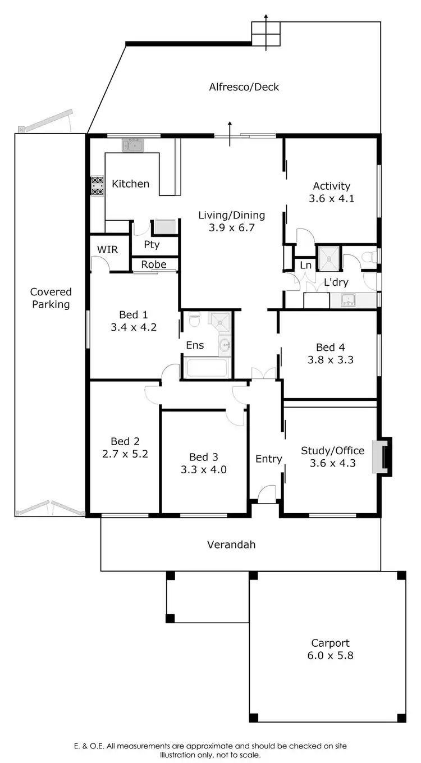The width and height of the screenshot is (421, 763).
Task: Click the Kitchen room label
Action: tap(130, 184)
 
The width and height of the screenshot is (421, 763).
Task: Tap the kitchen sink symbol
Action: tap(134, 146)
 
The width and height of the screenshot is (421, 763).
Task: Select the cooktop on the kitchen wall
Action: tap(97, 186)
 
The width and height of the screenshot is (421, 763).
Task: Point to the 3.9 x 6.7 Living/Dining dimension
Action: tap(231, 227)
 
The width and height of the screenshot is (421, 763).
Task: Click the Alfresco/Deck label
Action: tap(244, 87)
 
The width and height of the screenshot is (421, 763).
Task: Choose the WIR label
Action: tap(107, 249)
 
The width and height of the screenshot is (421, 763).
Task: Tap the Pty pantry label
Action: tap(152, 245)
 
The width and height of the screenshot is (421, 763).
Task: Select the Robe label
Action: tap(153, 264)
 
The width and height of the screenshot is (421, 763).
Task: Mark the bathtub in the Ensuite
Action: tap(207, 368)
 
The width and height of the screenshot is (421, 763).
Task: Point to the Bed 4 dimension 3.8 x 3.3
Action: tap(330, 360)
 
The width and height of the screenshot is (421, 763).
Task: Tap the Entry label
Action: tap(268, 459)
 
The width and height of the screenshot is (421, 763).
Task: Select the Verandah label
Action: tap(231, 544)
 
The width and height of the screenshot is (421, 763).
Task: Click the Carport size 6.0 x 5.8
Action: tap(331, 655)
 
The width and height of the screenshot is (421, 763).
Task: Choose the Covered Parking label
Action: tap(51, 298)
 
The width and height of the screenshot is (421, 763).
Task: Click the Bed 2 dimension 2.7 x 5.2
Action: tap(125, 454)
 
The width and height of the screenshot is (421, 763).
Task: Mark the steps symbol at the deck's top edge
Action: tap(265, 34)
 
